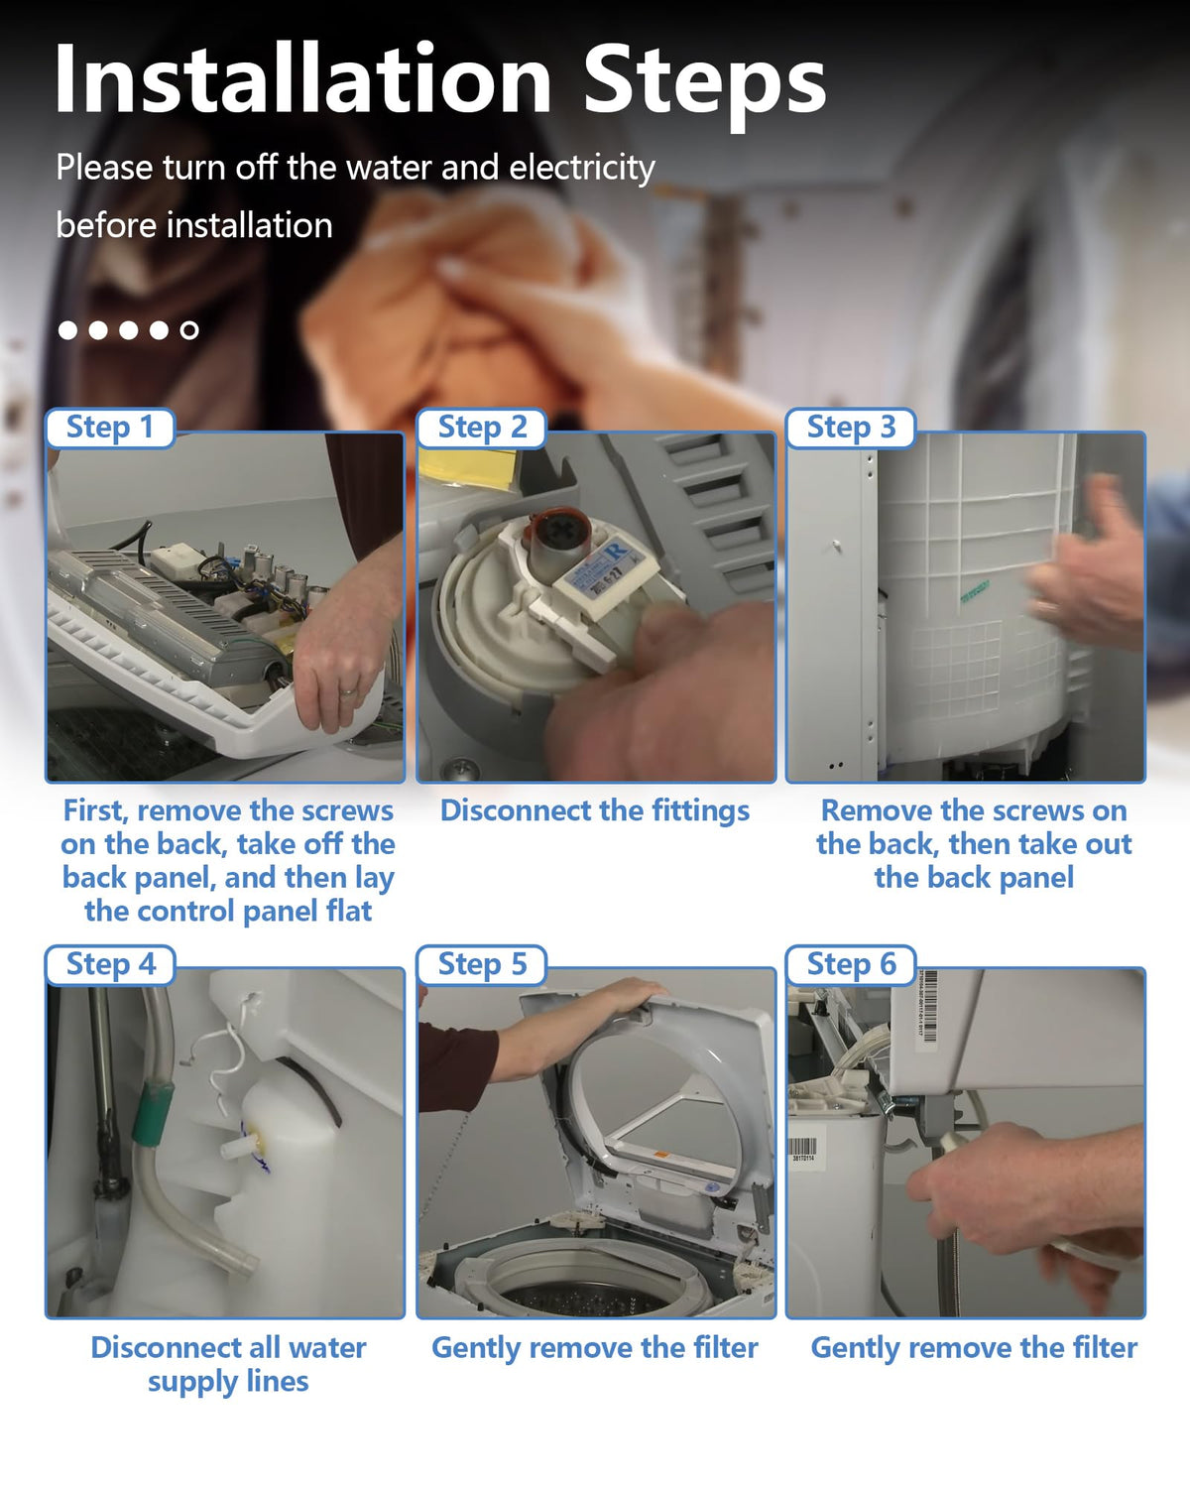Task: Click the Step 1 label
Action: click(110, 428)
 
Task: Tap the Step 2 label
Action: click(482, 428)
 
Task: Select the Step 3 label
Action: click(851, 428)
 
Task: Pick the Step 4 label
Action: click(111, 964)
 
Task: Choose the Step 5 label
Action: click(482, 964)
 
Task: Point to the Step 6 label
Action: click(851, 964)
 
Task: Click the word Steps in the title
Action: click(705, 84)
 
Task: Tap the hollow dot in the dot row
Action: click(188, 330)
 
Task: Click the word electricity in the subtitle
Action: click(581, 168)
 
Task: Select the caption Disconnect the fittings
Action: click(595, 811)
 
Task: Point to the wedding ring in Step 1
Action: click(348, 690)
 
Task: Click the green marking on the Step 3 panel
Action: click(975, 592)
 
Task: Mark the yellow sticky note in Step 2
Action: click(467, 468)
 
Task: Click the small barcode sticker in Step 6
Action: click(803, 1153)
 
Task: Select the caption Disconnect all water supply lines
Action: click(228, 1365)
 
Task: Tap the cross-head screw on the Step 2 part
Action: click(553, 533)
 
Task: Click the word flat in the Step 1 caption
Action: click(349, 912)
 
